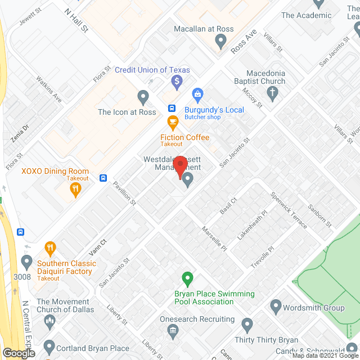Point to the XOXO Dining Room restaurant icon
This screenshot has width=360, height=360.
[x=75, y=190]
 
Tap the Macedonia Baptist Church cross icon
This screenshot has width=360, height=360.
[x=273, y=93]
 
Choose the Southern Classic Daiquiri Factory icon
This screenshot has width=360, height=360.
[x=51, y=248]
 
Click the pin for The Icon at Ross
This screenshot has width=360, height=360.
[x=143, y=98]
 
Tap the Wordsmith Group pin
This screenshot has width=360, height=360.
[x=275, y=307]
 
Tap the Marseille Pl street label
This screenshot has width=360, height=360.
[x=214, y=239]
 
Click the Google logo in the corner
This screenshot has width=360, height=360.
[x=19, y=353]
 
